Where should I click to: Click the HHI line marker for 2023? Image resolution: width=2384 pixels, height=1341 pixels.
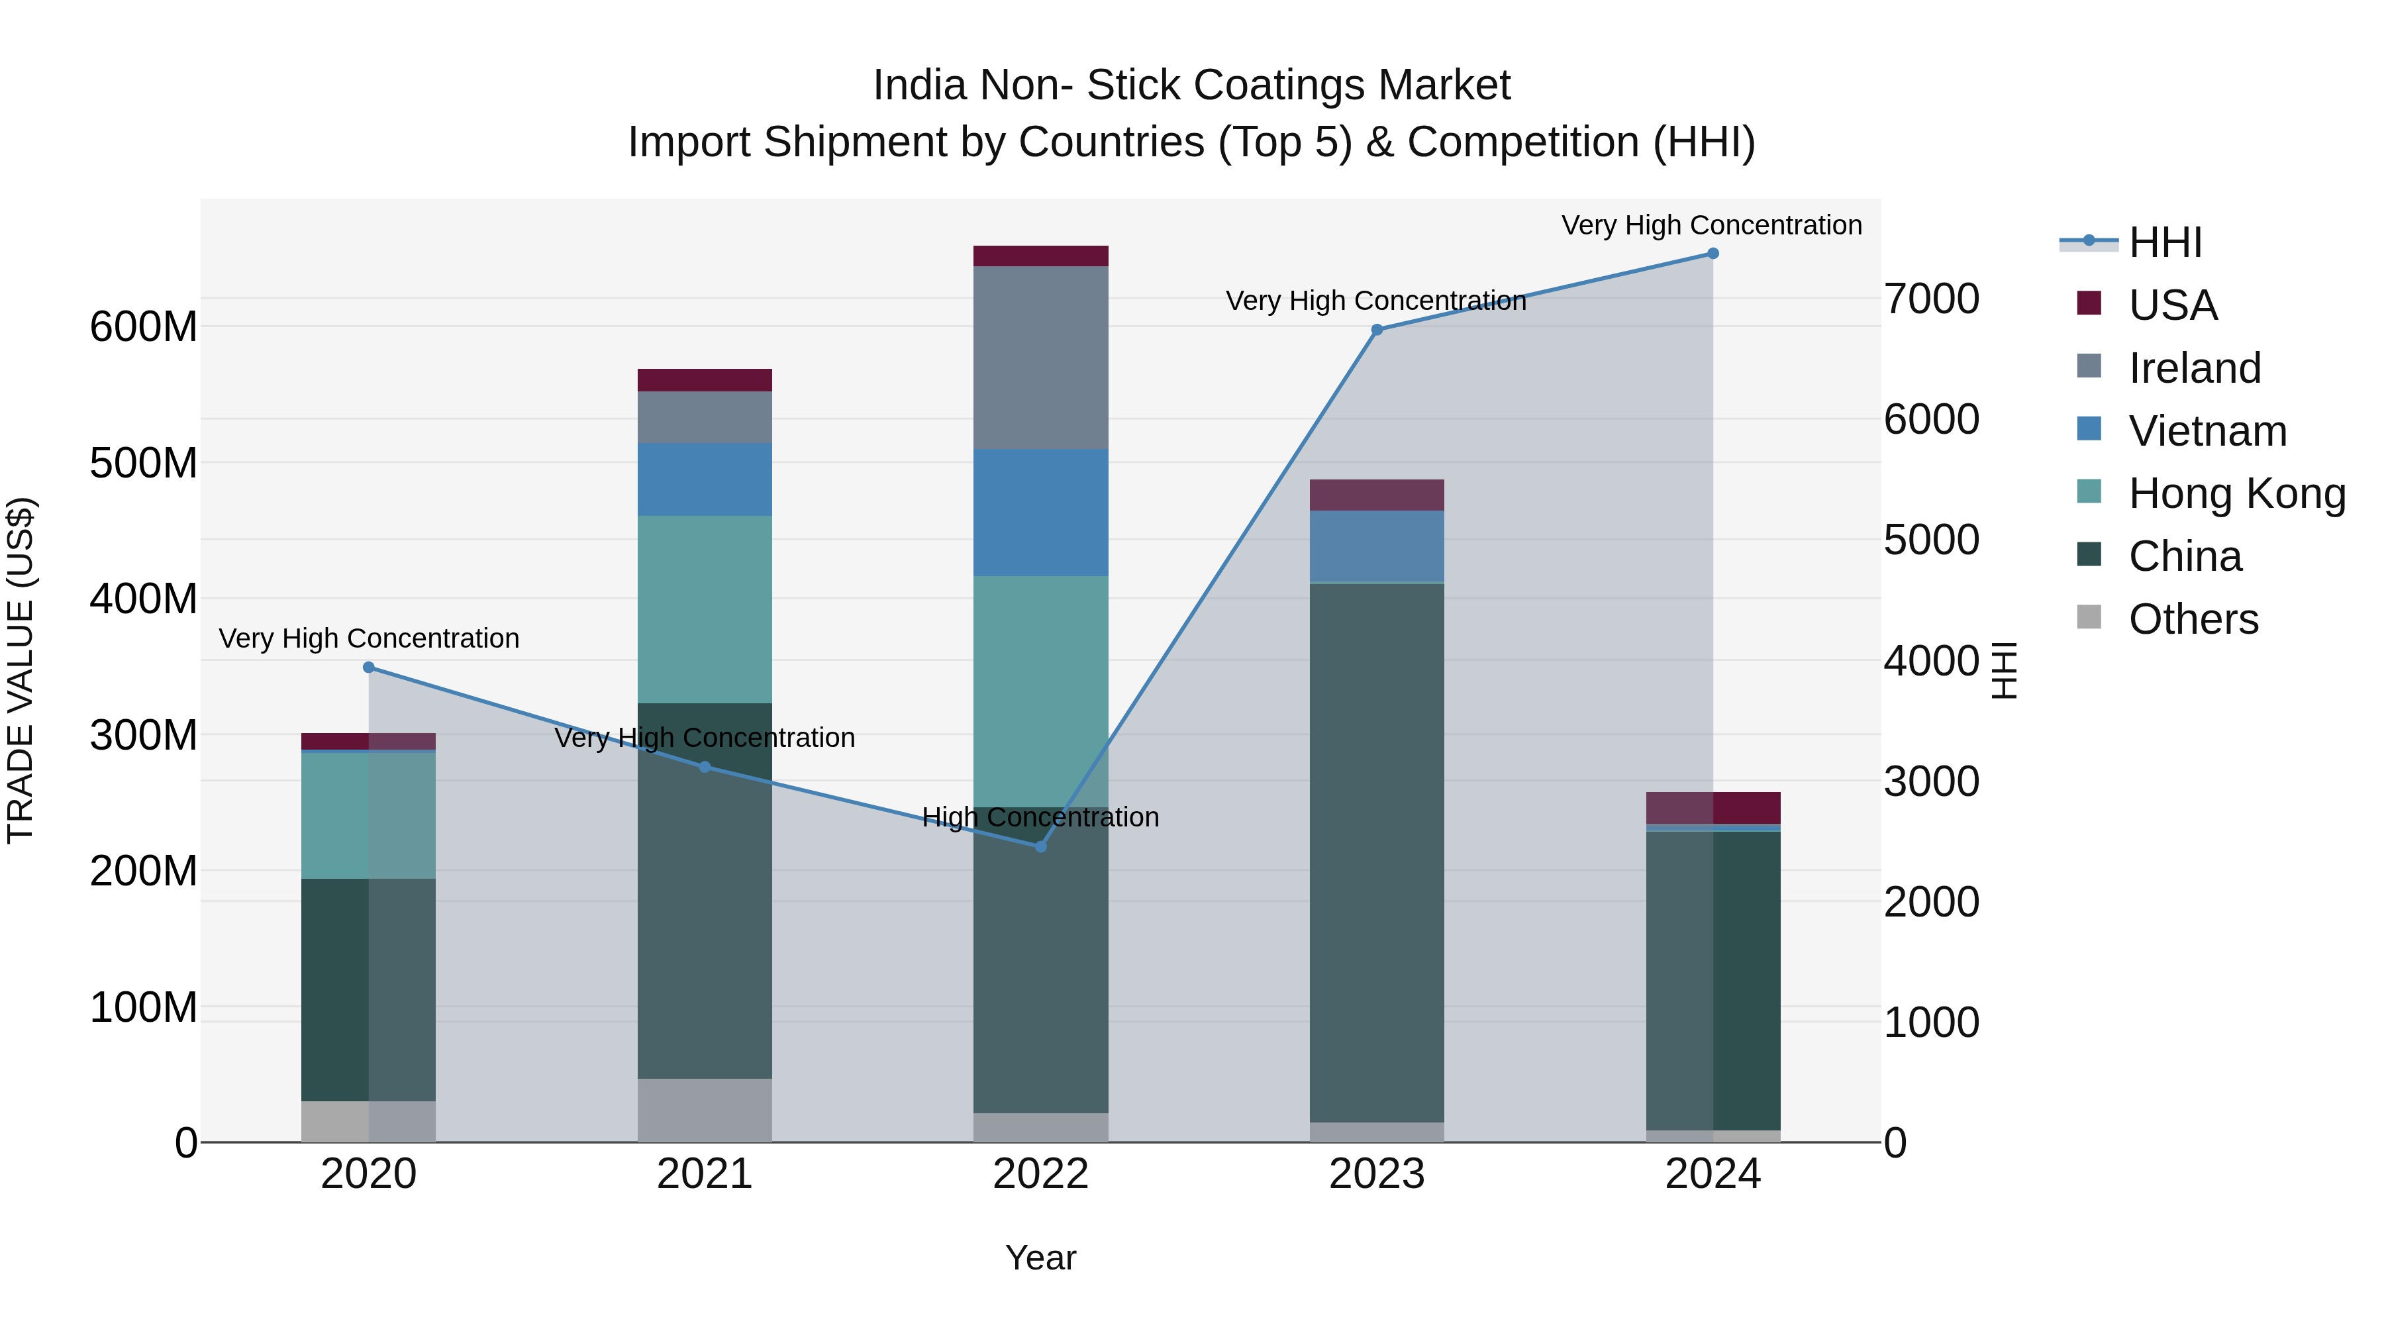click(1376, 330)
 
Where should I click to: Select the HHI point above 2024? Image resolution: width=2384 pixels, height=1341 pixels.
click(1712, 254)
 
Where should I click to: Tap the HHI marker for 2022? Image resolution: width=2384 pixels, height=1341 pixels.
click(1040, 846)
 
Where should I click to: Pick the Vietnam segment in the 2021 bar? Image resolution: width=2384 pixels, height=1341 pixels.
click(705, 479)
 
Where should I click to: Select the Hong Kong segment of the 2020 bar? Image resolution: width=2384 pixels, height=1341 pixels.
click(368, 815)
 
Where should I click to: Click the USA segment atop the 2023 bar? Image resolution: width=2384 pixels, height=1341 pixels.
click(1376, 495)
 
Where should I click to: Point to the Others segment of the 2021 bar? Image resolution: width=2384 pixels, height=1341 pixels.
click(705, 1110)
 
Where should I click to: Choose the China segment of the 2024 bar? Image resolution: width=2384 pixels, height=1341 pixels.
click(1712, 981)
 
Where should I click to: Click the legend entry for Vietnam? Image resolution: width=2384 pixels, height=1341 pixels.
click(2207, 431)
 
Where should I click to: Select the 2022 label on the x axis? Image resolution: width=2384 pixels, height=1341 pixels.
click(1040, 1174)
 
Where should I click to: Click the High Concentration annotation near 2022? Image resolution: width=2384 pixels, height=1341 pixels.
click(1040, 817)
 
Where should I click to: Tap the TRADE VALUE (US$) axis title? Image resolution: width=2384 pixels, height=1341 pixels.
click(21, 670)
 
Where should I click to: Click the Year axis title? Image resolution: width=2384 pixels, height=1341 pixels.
click(1040, 1258)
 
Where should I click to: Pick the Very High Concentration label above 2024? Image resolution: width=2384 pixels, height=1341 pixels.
click(1711, 225)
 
